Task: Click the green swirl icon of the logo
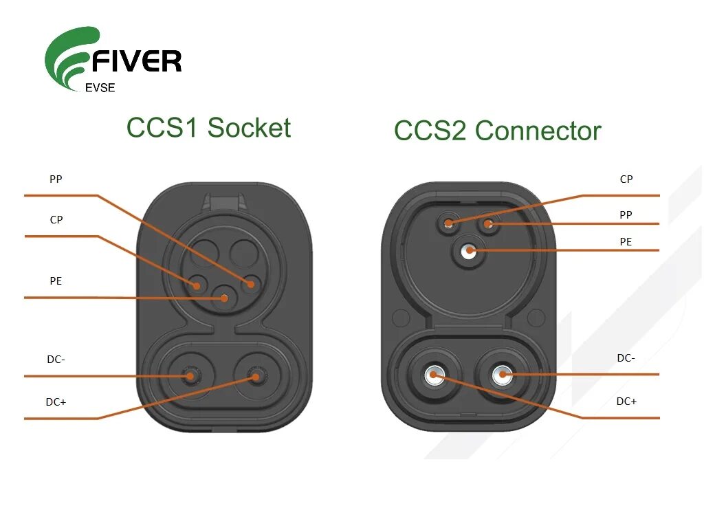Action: coord(69,58)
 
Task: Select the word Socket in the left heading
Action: coord(249,128)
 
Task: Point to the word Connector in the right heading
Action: coord(538,131)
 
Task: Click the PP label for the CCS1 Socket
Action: coord(56,179)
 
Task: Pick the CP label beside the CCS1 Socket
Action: coord(56,220)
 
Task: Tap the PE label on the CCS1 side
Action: coord(56,281)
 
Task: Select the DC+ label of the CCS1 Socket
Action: coord(56,402)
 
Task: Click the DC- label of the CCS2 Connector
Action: coord(626,357)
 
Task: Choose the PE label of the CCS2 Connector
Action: coord(626,242)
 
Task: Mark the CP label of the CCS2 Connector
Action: coord(626,179)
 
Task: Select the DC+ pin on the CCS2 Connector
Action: coord(434,375)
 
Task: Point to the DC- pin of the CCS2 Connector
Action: coord(503,375)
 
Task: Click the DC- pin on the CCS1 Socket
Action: coord(190,375)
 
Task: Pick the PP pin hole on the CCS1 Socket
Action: coord(252,283)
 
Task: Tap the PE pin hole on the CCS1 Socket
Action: coord(223,298)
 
